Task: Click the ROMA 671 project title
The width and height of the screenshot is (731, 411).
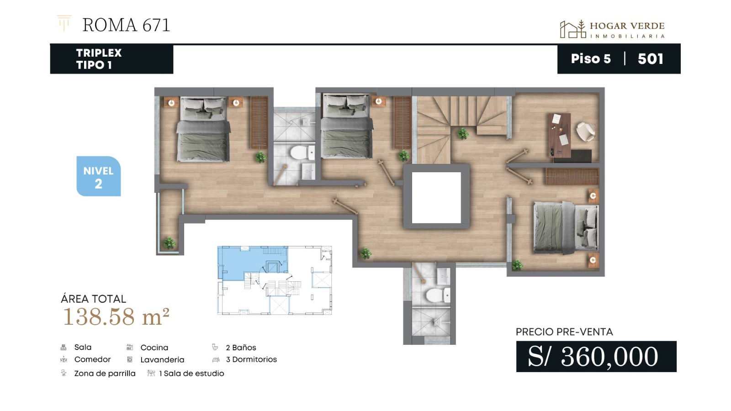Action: pos(126,25)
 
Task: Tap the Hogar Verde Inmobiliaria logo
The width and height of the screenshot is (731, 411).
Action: pos(612,29)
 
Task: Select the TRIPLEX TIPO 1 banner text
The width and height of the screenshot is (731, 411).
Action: pos(99,59)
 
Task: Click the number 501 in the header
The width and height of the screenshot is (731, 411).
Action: pos(651,59)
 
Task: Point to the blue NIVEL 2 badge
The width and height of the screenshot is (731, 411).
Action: pos(99,176)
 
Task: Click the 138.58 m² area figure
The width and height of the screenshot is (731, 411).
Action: pos(116,316)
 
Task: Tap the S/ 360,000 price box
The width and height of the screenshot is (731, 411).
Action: pos(596,357)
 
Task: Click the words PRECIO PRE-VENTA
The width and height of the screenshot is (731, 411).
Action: pos(564,332)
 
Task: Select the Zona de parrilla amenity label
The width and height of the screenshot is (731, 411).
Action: pos(105,374)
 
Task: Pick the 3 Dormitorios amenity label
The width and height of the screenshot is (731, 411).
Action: pos(251,359)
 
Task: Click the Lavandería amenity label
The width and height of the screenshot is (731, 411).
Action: pos(162,359)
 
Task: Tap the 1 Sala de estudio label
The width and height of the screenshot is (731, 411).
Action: pos(191,374)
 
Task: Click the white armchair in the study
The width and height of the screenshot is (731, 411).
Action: pos(585,132)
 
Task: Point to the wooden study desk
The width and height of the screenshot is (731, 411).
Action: pos(560,135)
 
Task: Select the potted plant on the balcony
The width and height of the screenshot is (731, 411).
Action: pos(170,243)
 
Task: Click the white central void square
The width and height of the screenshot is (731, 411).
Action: pos(436,198)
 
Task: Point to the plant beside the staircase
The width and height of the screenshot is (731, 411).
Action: pos(463,133)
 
